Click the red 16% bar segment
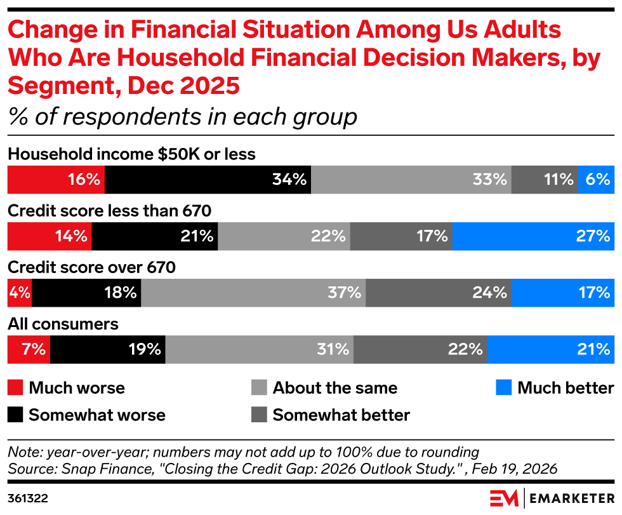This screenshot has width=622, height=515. (56, 180)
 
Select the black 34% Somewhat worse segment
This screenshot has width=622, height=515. (208, 180)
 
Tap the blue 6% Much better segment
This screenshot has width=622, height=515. (596, 180)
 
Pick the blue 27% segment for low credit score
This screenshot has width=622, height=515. (533, 236)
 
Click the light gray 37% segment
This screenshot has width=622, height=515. (253, 293)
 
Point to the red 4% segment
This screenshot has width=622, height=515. (19, 293)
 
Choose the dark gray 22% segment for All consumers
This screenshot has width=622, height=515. (420, 349)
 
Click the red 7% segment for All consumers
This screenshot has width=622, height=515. (29, 349)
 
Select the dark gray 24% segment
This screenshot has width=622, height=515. (438, 293)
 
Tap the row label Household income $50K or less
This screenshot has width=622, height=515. (131, 154)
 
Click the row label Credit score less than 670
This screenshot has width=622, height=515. (109, 210)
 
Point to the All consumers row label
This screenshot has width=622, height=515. (63, 324)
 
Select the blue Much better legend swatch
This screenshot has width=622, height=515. (504, 388)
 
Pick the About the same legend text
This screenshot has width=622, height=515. (334, 388)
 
